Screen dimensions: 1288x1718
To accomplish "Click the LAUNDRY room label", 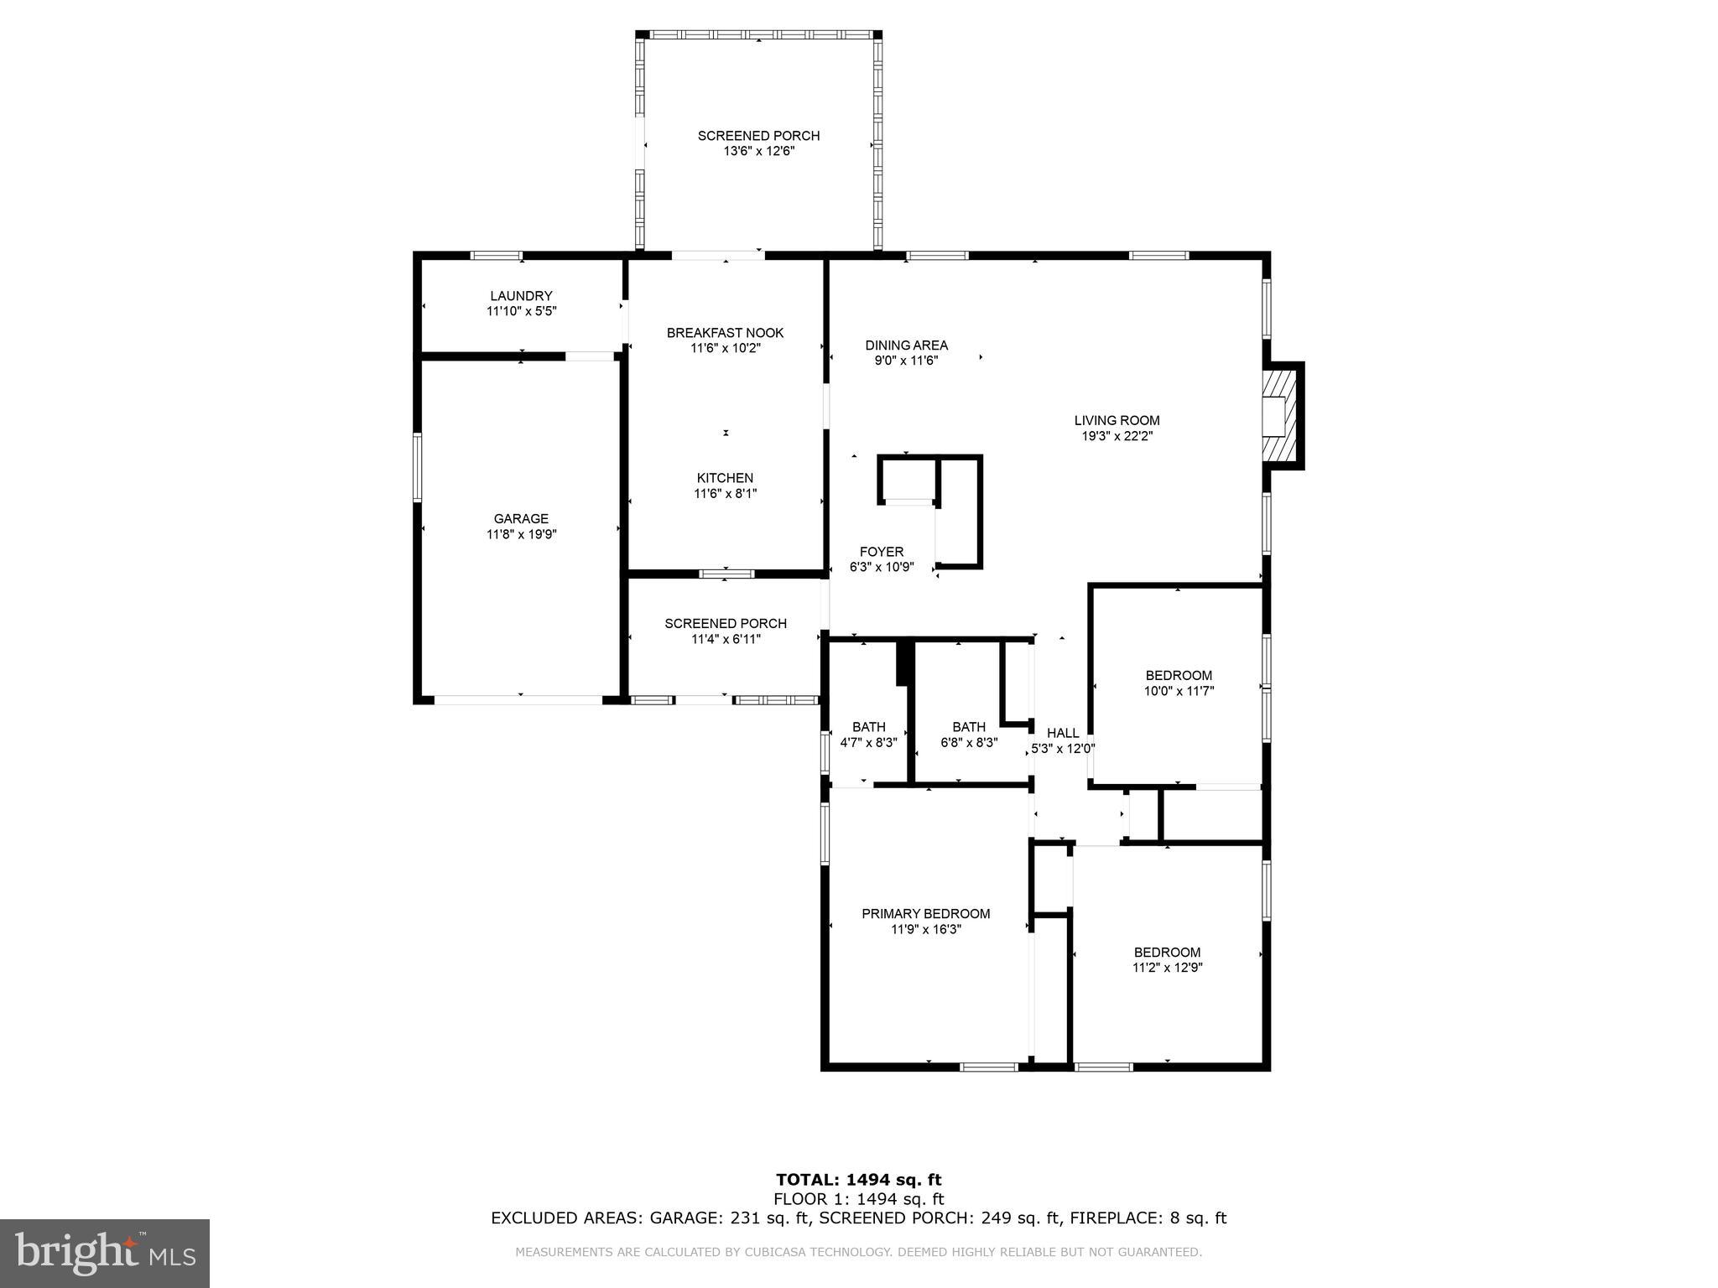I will tap(521, 296).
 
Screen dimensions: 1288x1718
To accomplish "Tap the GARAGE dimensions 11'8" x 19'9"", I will tap(521, 534).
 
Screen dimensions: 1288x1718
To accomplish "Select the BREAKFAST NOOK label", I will tap(725, 333).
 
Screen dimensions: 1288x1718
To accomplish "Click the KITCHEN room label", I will tap(725, 478).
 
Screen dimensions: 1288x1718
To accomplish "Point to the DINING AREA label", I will tap(906, 345).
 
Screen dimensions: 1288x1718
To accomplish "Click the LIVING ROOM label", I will tap(1117, 421).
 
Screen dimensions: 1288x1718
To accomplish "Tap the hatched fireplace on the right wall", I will tap(1281, 415).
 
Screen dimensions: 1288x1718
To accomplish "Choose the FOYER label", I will tap(881, 552).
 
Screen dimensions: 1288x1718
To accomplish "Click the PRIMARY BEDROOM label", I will tap(925, 914).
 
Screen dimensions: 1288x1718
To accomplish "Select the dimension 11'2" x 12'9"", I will tap(1167, 968).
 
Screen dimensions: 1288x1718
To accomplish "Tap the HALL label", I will tap(1063, 734).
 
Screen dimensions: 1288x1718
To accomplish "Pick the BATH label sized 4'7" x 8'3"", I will tap(868, 727).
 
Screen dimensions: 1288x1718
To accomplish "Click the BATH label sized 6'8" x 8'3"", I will tap(968, 727).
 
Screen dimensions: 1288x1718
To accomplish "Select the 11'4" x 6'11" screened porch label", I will tap(725, 639).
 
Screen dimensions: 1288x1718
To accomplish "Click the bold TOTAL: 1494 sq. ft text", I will tap(858, 1180).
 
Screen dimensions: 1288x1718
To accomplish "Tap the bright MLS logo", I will tap(105, 1253).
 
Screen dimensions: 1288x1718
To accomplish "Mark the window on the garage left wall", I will tap(418, 467).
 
